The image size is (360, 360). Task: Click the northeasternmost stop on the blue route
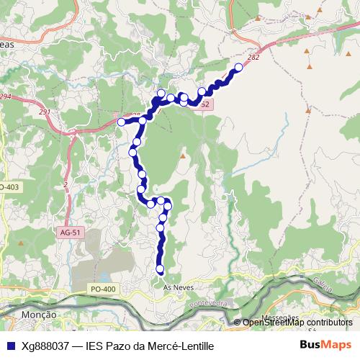pyautogui.click(x=238, y=68)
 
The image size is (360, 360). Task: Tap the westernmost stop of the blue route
pyautogui.click(x=122, y=122)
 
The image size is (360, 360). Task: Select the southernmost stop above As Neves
pyautogui.click(x=160, y=270)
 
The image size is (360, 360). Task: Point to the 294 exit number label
pyautogui.click(x=5, y=96)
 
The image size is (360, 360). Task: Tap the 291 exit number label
pyautogui.click(x=45, y=112)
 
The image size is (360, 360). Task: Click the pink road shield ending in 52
pyautogui.click(x=204, y=105)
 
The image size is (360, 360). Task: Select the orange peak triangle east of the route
pyautogui.click(x=183, y=156)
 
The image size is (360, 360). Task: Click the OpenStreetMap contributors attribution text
pyautogui.click(x=297, y=323)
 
